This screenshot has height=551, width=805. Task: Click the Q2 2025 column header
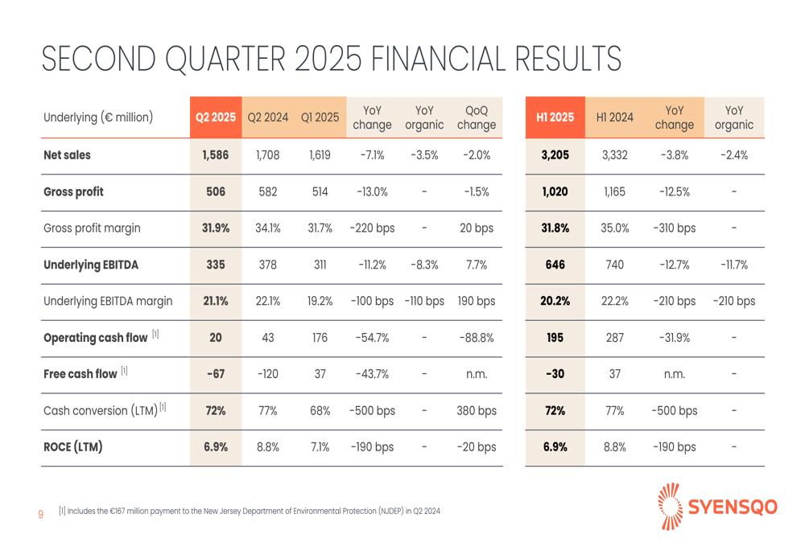216,117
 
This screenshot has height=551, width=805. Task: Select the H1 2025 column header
555,117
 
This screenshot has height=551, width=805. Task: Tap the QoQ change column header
476,117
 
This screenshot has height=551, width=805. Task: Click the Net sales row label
67,156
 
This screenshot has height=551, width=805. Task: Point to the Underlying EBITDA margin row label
107,302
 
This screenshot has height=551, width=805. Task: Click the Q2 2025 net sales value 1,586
216,156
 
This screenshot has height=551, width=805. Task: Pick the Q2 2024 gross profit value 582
268,192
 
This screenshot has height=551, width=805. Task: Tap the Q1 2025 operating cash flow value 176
320,339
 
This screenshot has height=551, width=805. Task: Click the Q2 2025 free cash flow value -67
216,375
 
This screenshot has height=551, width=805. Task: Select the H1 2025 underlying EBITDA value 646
555,265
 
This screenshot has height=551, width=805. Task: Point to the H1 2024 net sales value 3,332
615,156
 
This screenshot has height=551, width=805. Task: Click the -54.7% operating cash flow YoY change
373,339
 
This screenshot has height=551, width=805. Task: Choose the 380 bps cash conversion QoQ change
476,411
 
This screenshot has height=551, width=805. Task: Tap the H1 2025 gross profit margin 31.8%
555,228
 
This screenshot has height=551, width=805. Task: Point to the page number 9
41,512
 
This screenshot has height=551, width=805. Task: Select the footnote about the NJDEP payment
250,511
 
